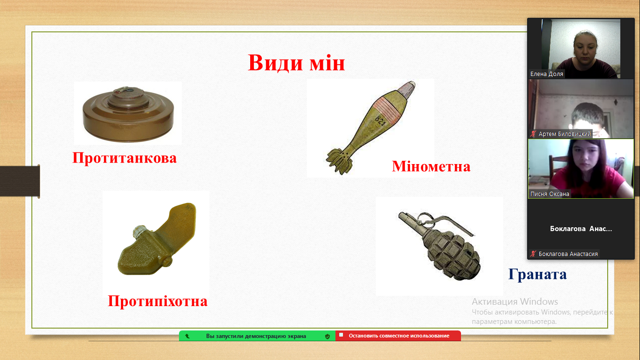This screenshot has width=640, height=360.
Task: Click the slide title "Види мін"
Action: [x=296, y=63]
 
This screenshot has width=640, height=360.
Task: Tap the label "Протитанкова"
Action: [x=125, y=158]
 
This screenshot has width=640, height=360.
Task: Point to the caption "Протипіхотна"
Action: [x=157, y=301]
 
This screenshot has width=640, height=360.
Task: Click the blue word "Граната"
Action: [x=537, y=274]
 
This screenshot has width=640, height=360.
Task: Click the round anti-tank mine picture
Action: [x=128, y=114]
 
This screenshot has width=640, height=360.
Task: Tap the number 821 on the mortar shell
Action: [x=380, y=120]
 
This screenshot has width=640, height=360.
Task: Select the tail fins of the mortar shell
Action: [x=339, y=161]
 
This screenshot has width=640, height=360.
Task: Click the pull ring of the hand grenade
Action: [x=425, y=219]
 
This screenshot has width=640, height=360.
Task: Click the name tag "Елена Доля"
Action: [x=547, y=74]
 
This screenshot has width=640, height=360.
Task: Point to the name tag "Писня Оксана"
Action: [x=550, y=194]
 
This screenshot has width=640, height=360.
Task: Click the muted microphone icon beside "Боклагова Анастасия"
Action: [x=533, y=254]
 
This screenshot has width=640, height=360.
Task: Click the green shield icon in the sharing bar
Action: [x=327, y=336]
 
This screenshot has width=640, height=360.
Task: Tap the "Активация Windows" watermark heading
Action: [x=515, y=301]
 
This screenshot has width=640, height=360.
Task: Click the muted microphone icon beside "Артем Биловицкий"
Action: [x=533, y=134]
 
